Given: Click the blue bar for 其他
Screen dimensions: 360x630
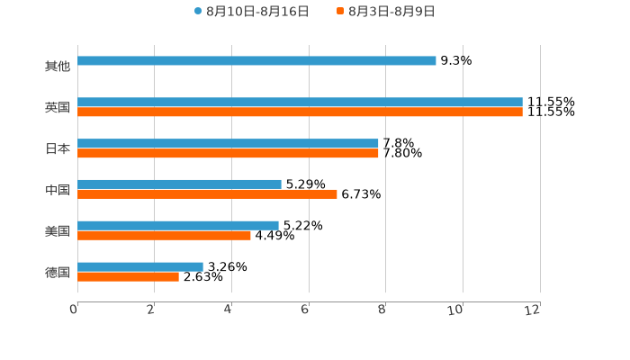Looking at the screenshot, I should coord(256,61).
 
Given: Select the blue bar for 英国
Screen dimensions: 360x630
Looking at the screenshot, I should coord(300,103).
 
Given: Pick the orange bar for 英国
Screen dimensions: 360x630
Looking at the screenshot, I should coord(300,112).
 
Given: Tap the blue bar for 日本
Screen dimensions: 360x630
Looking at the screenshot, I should coord(228,144).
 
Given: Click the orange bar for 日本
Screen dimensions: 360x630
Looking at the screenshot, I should coord(228,154).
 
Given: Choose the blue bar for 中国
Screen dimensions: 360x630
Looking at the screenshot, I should coord(179,184).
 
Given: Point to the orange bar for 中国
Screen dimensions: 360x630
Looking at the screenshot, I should coord(207,194).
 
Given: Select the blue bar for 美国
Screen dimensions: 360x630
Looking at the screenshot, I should coord(178,226).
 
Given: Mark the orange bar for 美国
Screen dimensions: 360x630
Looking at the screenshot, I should coord(164,236).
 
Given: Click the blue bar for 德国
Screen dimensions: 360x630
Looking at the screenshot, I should coord(140,267).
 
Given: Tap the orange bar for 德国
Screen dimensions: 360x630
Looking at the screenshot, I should coord(128,277).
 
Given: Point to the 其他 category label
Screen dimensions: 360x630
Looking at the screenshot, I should coord(58,67).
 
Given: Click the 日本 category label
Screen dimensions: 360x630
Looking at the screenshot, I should coord(58,149).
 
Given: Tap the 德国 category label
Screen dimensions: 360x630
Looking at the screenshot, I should coord(58,273).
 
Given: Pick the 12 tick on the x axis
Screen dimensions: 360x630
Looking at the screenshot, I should coord(533,310).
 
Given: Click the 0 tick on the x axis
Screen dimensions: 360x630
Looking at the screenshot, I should coord(74,310).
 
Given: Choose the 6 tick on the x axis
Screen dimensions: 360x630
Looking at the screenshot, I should coord(305,310).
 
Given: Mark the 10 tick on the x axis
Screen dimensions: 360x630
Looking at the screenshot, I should coord(455,310).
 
